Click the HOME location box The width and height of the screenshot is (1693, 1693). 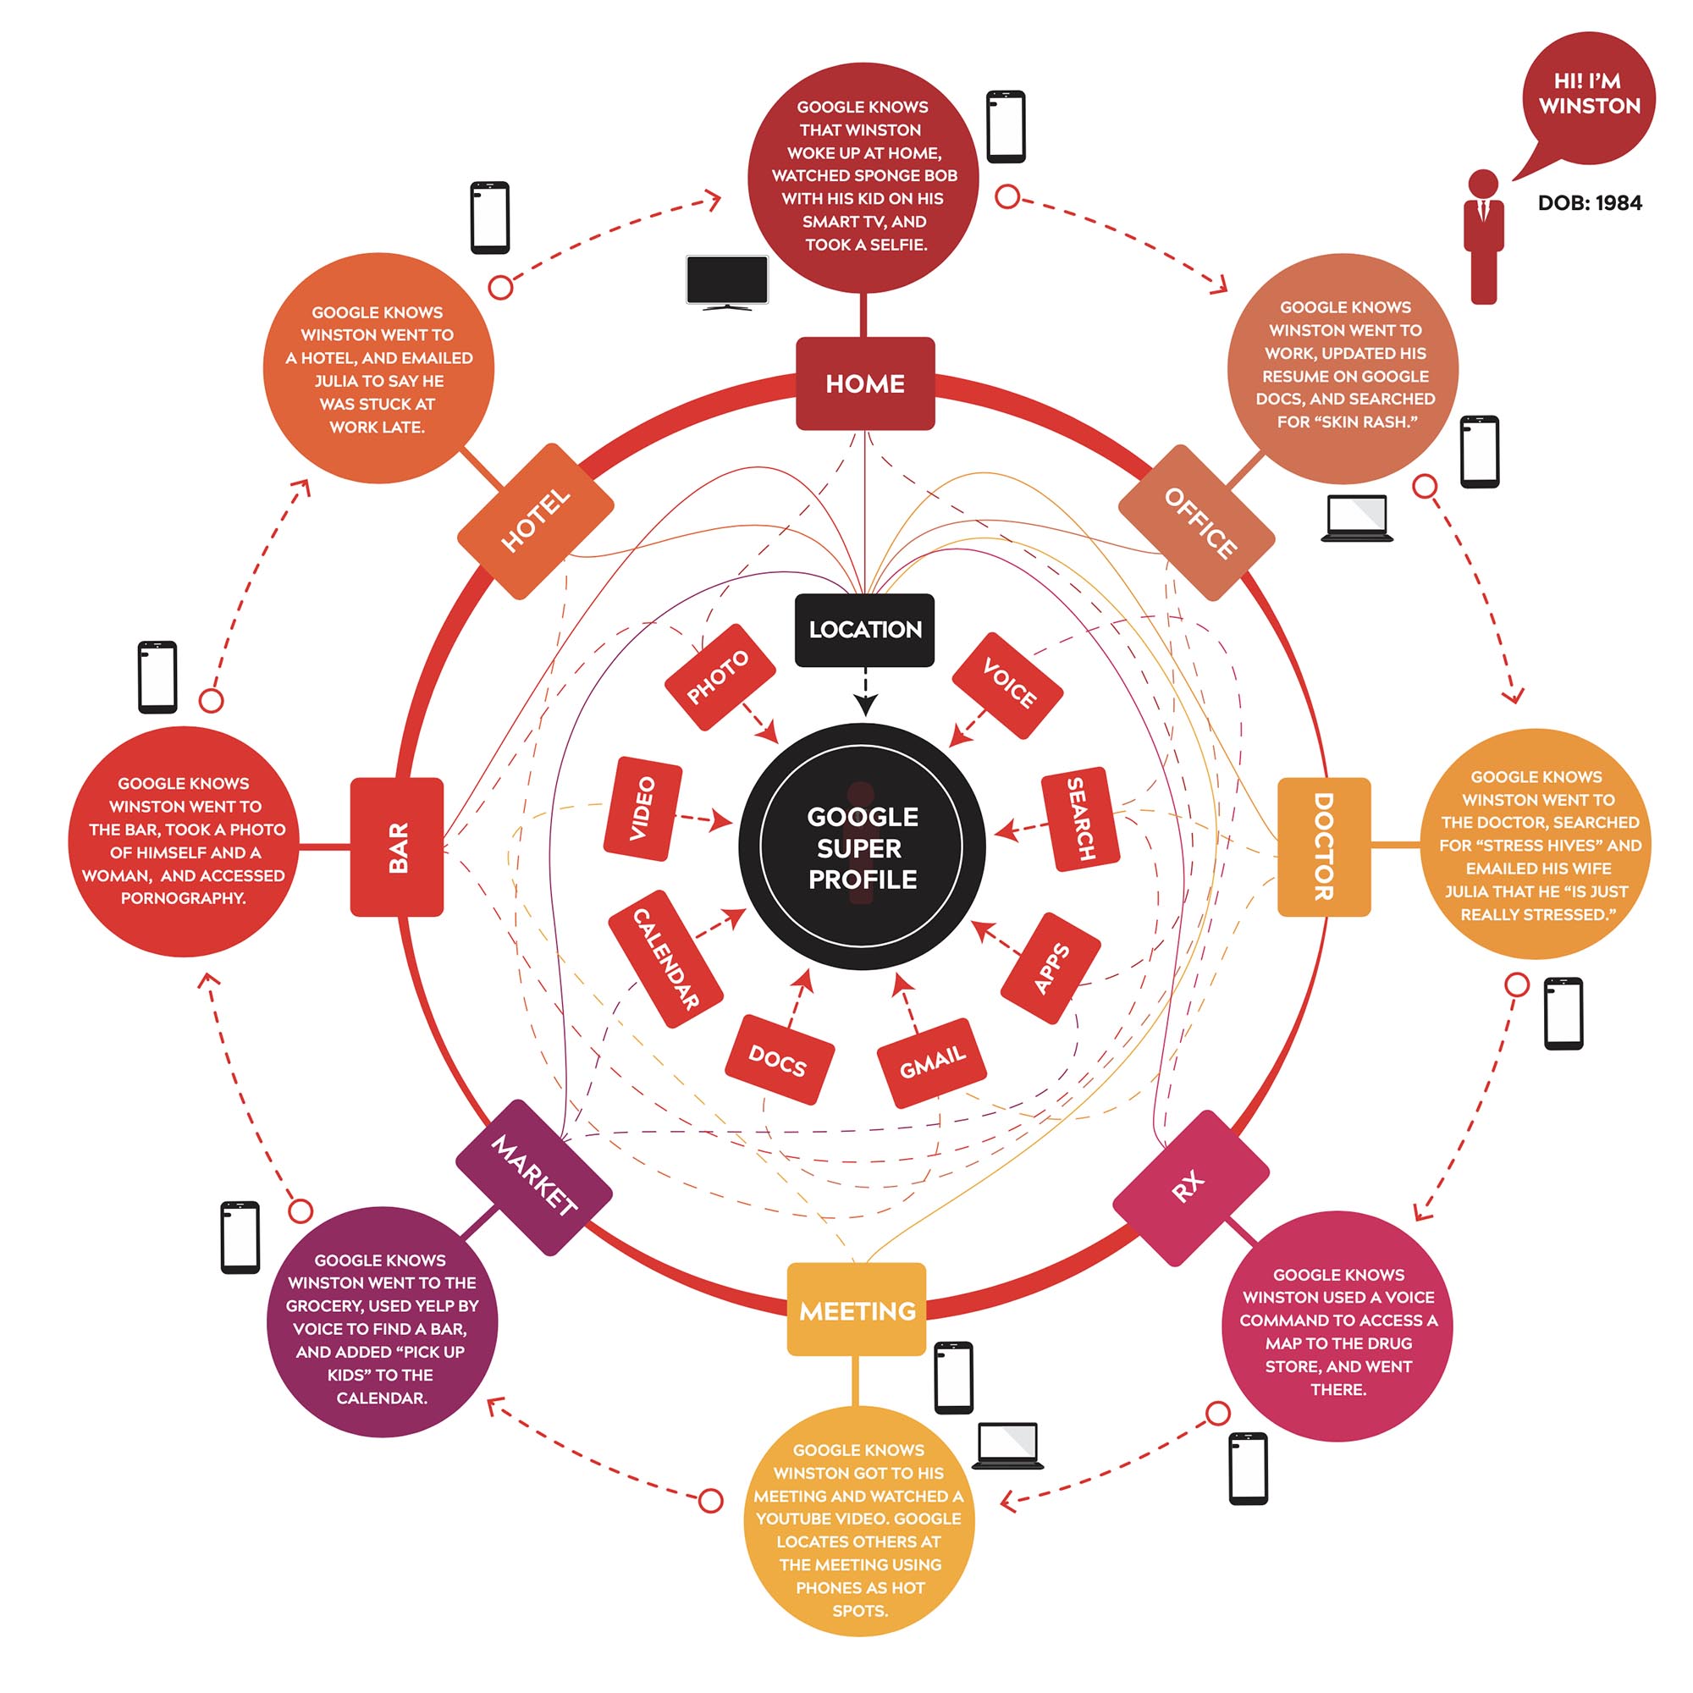865,383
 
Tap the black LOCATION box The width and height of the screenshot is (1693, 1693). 864,629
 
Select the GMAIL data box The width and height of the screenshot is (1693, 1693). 931,1062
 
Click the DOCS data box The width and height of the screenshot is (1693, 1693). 779,1060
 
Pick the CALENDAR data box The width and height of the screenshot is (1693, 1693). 665,959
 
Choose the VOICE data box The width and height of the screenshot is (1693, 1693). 1007,684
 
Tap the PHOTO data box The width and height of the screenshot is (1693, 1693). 720,676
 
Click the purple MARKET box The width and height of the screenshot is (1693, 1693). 533,1177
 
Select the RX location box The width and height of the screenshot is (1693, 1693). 1190,1188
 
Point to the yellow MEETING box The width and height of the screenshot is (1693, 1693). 856,1310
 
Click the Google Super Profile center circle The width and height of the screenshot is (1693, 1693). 862,846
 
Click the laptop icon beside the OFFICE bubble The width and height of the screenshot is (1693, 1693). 1356,518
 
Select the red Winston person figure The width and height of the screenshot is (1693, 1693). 1483,237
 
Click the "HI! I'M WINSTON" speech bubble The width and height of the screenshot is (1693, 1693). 1589,97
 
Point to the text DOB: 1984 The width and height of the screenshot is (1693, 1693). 1590,203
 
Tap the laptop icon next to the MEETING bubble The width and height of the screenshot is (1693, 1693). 1007,1445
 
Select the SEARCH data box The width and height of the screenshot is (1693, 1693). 1079,819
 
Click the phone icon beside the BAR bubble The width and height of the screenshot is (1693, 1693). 157,676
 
